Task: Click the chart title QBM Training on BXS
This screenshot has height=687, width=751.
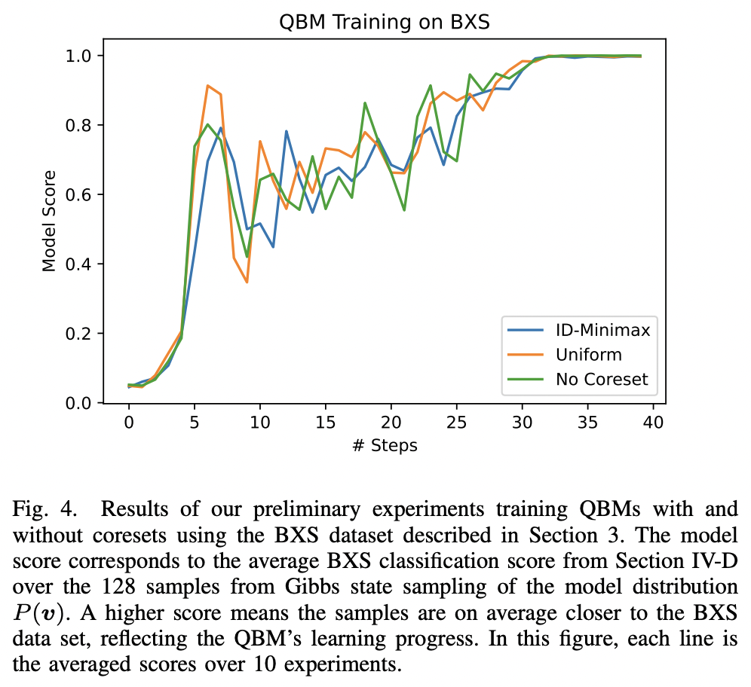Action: (385, 22)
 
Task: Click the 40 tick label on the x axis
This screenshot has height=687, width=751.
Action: (654, 423)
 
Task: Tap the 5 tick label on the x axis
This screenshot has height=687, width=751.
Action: (195, 423)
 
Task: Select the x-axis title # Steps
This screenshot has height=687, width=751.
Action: (385, 445)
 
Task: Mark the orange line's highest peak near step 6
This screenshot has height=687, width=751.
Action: (207, 85)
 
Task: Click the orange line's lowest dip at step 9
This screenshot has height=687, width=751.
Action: (247, 282)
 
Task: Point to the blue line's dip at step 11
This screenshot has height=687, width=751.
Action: (273, 247)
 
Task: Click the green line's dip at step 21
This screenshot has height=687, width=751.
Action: (404, 210)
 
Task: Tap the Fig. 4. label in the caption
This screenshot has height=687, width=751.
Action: (44, 508)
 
